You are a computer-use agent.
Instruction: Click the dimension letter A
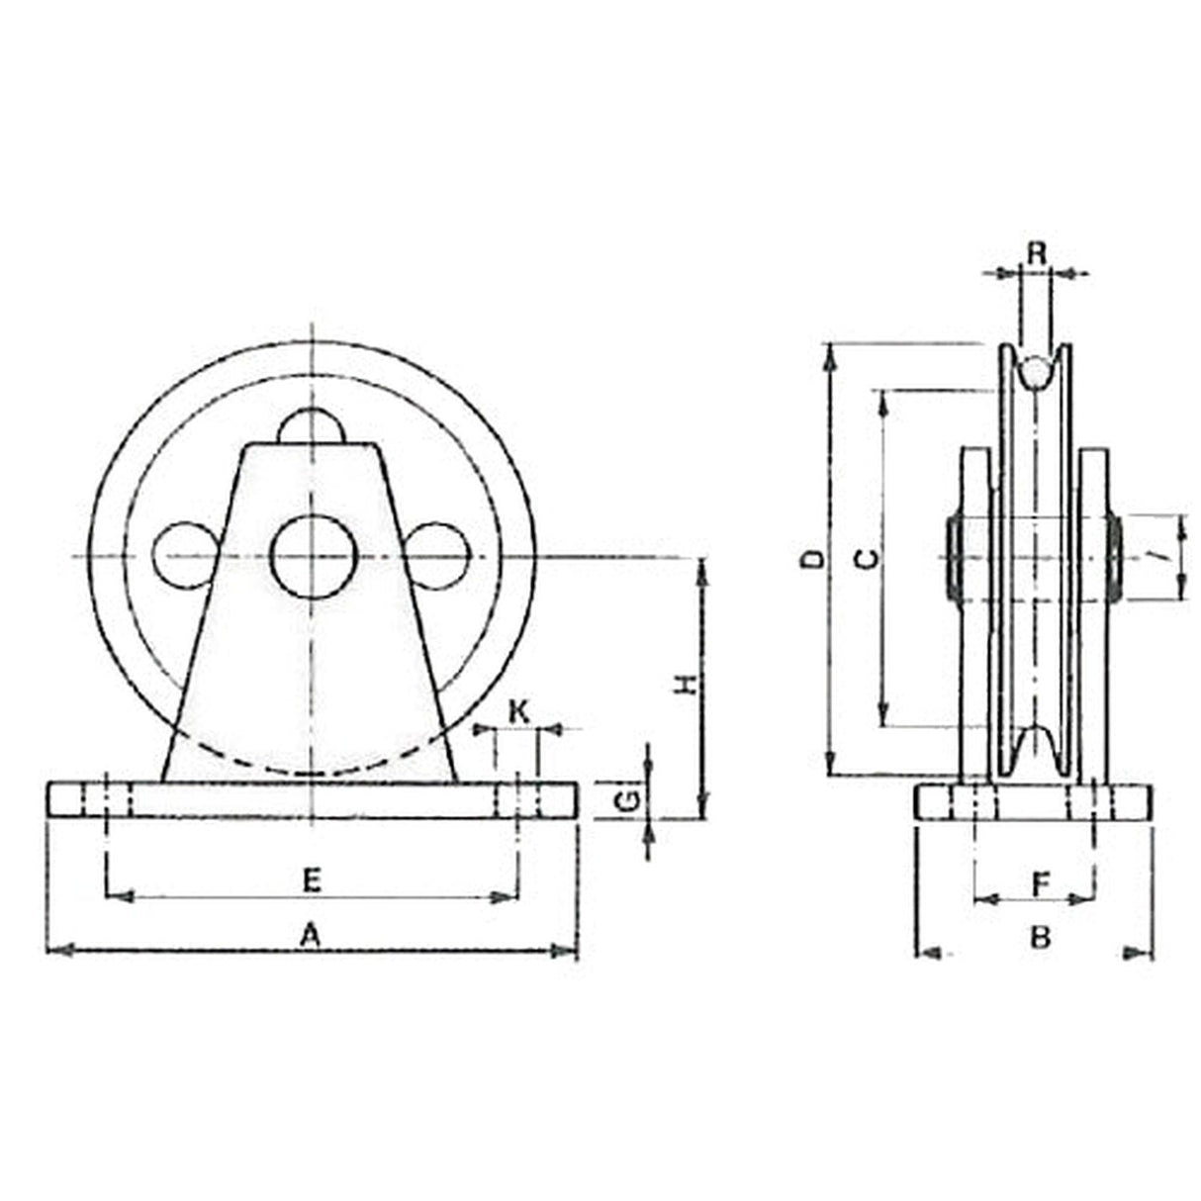(312, 933)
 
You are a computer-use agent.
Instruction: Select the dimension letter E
(312, 879)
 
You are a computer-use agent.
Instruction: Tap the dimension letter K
(518, 709)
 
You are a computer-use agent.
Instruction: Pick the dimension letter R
(1036, 253)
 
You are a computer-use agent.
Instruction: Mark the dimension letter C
(866, 560)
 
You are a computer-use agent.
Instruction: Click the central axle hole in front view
(310, 557)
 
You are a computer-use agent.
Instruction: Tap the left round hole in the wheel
(183, 557)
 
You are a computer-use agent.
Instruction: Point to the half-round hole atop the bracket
(310, 428)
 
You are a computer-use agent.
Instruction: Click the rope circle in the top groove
(1036, 372)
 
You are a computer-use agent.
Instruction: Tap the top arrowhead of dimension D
(832, 356)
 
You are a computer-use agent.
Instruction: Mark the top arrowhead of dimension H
(702, 570)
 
